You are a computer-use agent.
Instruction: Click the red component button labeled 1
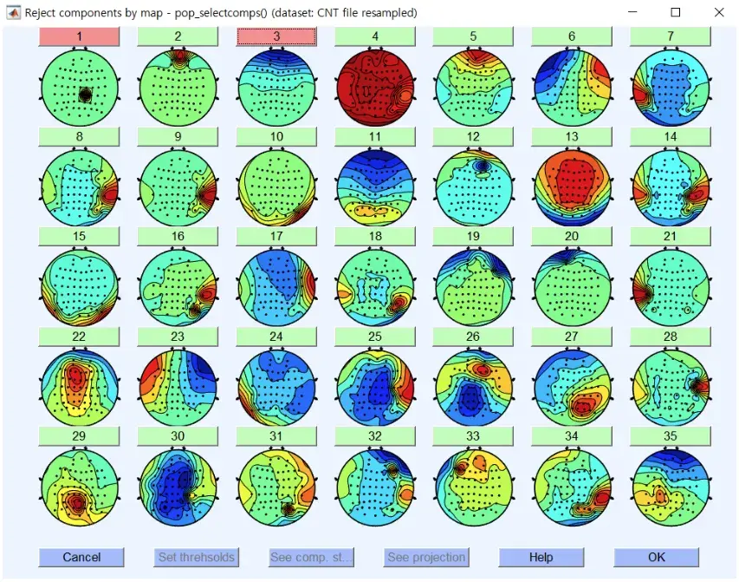[x=80, y=36]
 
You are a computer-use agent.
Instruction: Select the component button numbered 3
[x=276, y=36]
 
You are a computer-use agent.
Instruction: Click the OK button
[x=656, y=557]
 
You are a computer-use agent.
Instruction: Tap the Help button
[x=541, y=557]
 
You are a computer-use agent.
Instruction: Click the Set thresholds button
[x=196, y=557]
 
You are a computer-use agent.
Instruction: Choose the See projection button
[x=426, y=557]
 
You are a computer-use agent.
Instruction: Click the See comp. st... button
[x=311, y=557]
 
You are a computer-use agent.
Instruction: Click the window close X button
[x=719, y=13]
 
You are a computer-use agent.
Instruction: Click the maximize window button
[x=676, y=13]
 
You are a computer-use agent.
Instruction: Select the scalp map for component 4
[x=374, y=88]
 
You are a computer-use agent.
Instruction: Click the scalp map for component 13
[x=571, y=187]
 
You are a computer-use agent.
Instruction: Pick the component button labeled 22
[x=80, y=337]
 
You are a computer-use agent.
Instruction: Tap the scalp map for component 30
[x=178, y=487]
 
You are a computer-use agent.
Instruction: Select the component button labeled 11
[x=374, y=136]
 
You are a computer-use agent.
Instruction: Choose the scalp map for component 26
[x=473, y=387]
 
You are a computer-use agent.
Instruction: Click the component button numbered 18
[x=374, y=236]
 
